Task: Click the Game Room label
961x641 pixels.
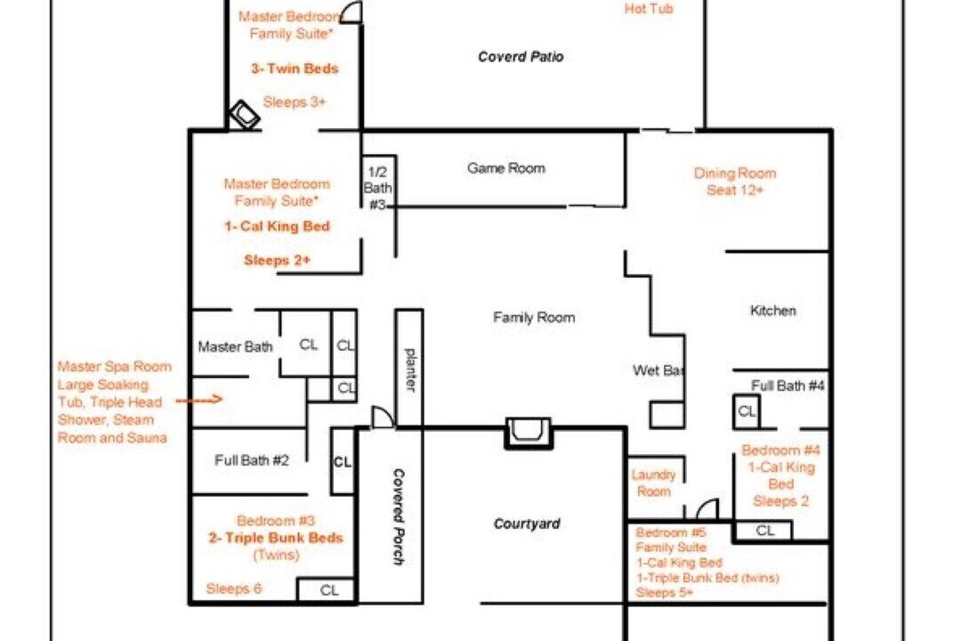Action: click(x=505, y=168)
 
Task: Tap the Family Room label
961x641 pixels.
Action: click(x=534, y=318)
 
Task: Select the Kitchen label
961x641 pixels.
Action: click(x=773, y=311)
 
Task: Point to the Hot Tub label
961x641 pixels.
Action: click(x=649, y=9)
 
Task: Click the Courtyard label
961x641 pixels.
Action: click(x=527, y=523)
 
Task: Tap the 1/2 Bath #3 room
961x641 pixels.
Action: click(x=377, y=182)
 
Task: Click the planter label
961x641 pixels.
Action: click(x=410, y=369)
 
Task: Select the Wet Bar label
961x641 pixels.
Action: click(x=658, y=370)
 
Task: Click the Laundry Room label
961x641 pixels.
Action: click(x=653, y=483)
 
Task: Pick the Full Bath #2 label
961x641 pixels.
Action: click(x=251, y=460)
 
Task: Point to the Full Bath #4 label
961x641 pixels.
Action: click(x=787, y=385)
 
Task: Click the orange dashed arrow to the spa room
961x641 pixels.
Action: click(x=199, y=401)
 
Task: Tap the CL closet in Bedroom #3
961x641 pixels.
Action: click(x=327, y=590)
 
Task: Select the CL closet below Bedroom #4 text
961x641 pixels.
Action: click(x=763, y=531)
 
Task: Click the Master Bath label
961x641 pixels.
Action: click(x=235, y=347)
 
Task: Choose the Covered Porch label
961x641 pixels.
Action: click(x=399, y=517)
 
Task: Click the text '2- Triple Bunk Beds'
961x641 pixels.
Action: click(x=276, y=538)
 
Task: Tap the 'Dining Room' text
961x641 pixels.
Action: click(x=735, y=174)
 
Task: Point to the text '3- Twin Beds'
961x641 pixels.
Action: click(x=295, y=69)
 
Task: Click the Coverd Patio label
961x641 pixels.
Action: click(x=521, y=57)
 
